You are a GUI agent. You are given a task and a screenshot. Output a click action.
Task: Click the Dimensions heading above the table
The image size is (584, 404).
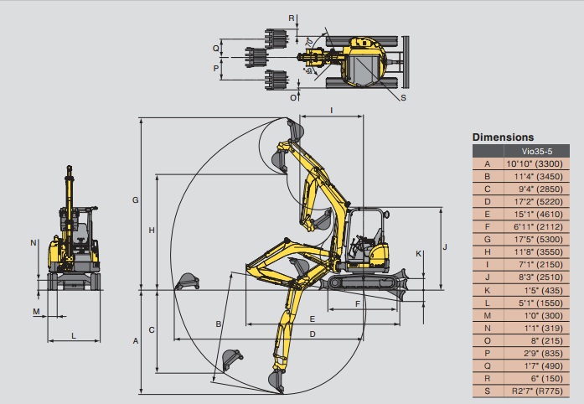pyautogui.click(x=503, y=137)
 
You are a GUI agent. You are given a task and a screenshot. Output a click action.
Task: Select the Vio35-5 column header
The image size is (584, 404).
pyautogui.click(x=537, y=152)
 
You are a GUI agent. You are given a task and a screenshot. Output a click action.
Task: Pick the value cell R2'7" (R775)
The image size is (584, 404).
pyautogui.click(x=537, y=391)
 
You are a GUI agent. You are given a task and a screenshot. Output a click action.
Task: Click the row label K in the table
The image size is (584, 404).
pyautogui.click(x=487, y=290)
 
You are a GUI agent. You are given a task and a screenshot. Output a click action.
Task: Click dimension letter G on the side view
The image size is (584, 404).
pyautogui.click(x=136, y=200)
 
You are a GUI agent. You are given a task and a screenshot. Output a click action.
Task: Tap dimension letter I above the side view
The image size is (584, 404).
pyautogui.click(x=332, y=111)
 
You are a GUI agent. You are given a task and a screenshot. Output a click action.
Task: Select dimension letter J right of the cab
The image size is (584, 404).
pyautogui.click(x=445, y=247)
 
